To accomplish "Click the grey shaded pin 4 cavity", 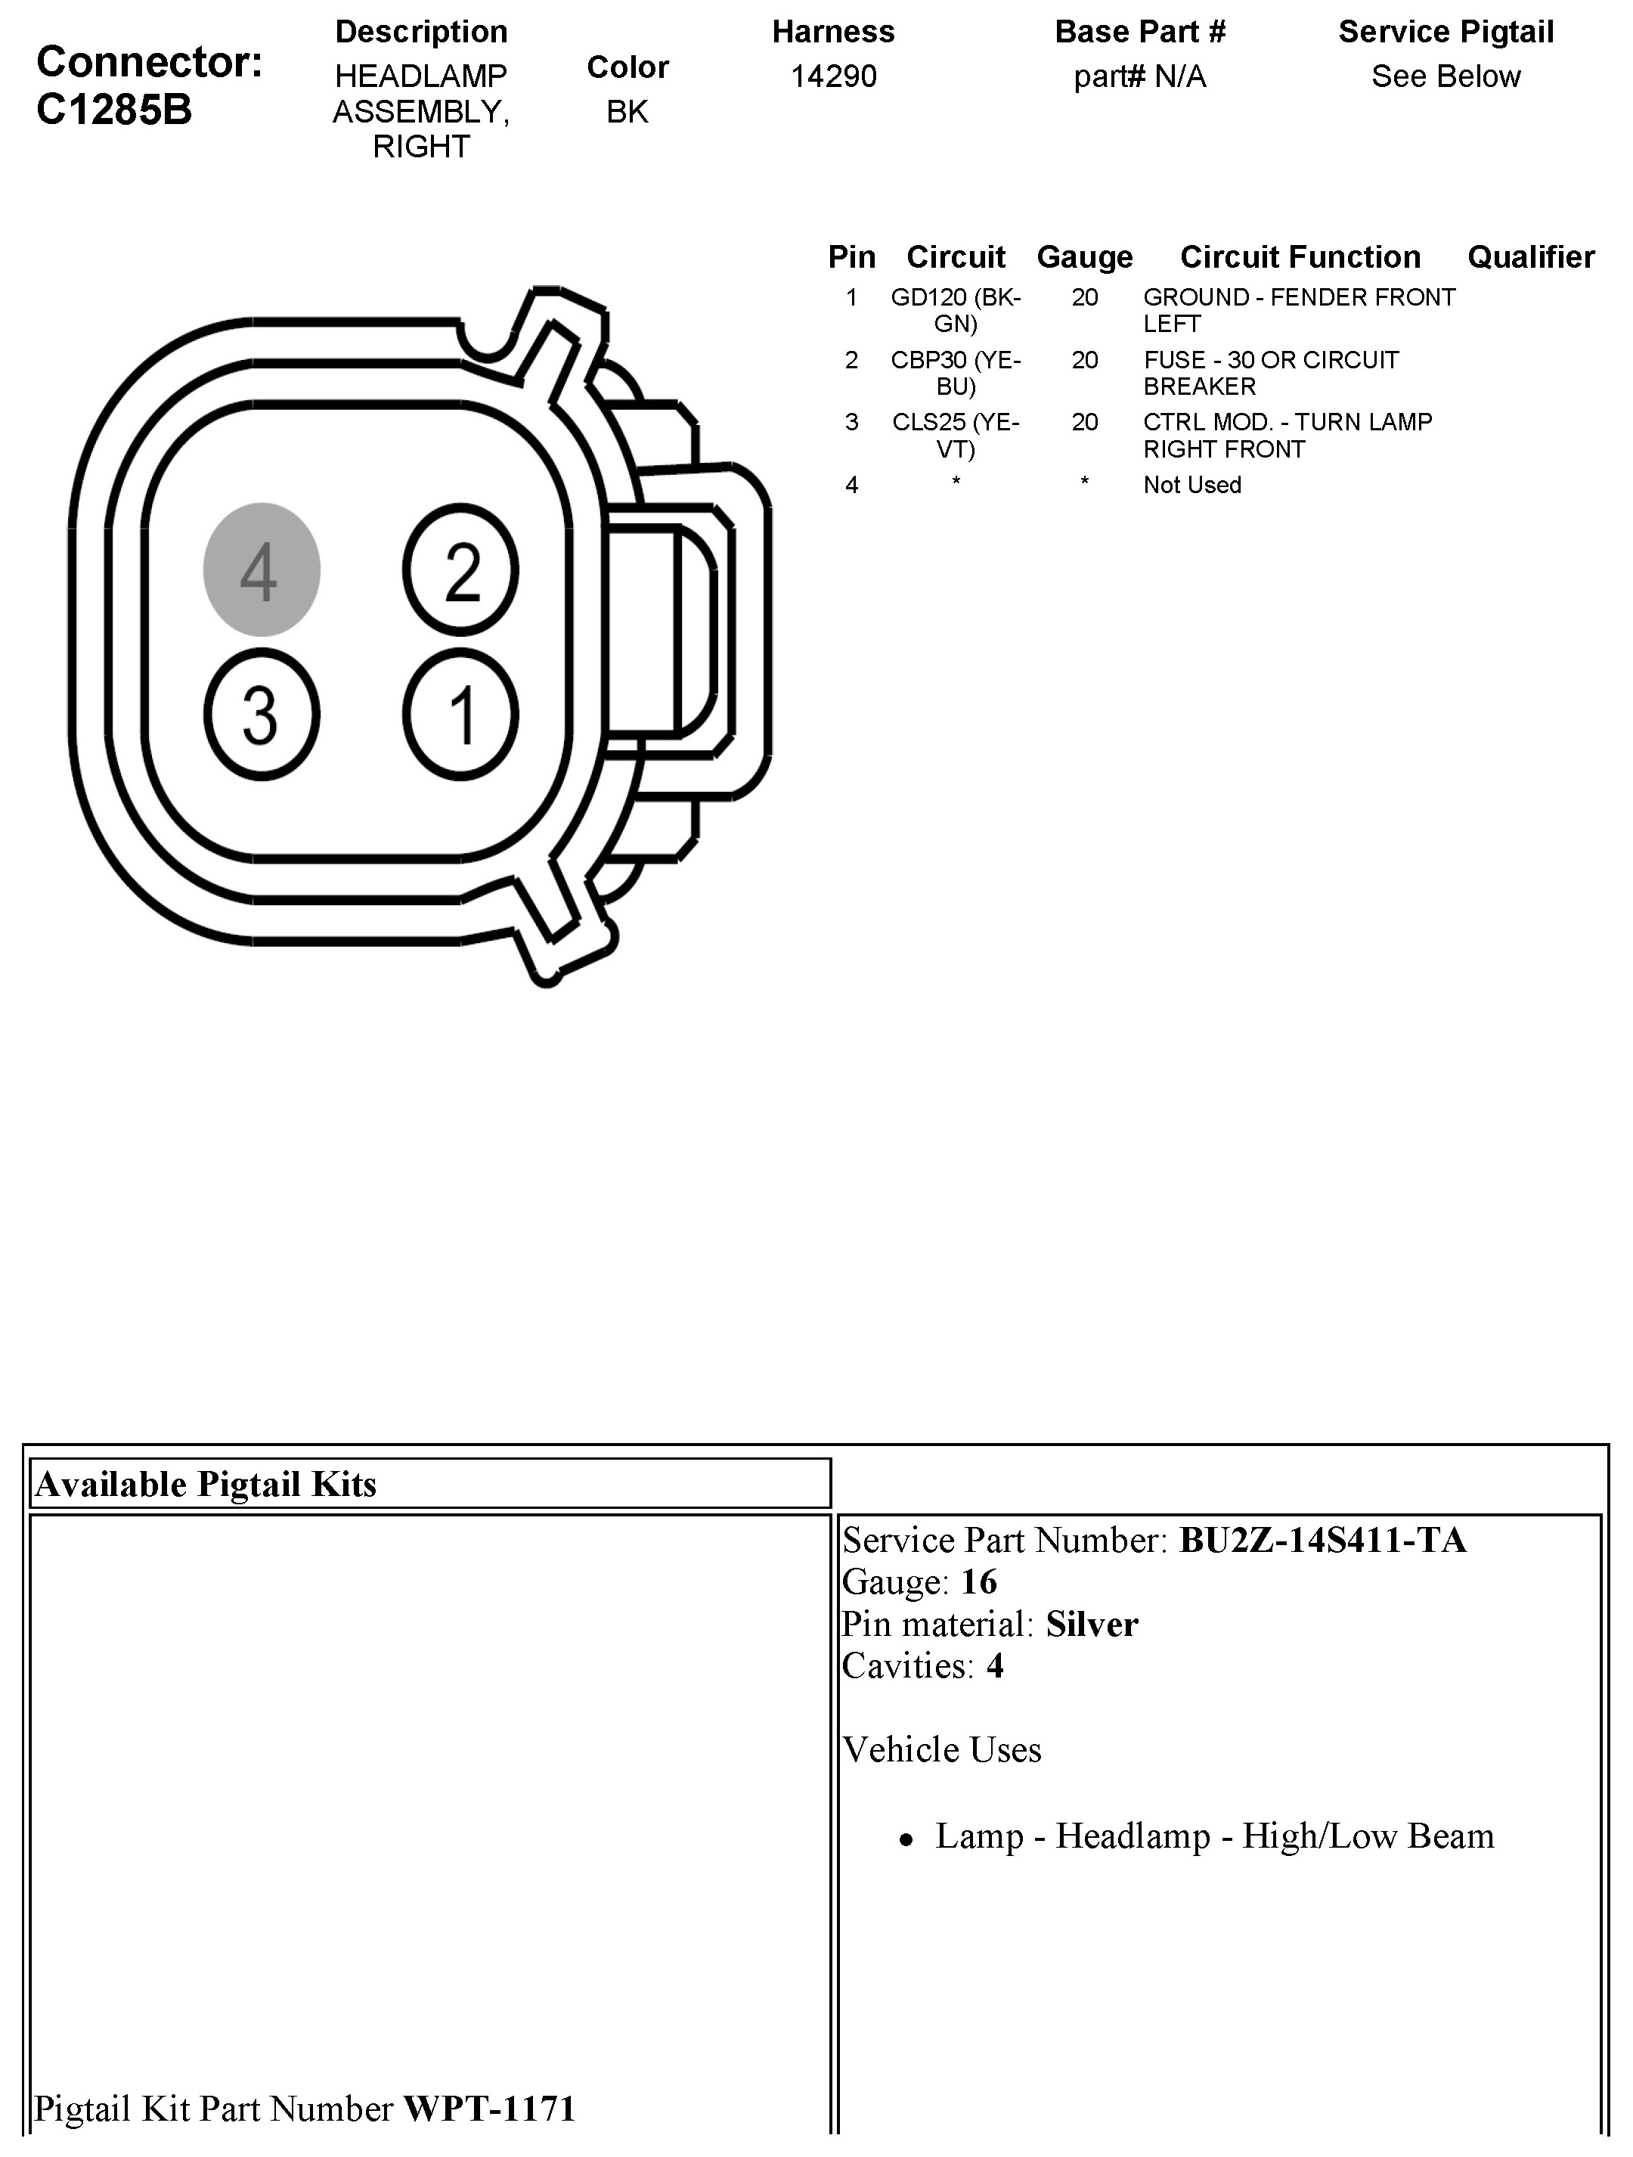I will point(262,570).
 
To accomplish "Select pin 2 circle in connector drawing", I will point(461,570).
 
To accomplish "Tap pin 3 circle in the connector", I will point(262,715).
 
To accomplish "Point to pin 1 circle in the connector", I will point(461,715).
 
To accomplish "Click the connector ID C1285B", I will point(114,110).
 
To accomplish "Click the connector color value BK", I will point(627,112).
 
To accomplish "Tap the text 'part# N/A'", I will point(1139,76).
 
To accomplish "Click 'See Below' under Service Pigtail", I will point(1445,76).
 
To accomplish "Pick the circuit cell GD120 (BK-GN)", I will point(956,310).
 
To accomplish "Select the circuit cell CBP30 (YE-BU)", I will point(956,373).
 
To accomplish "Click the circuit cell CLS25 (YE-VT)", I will point(956,435).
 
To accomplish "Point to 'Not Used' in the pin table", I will point(1191,485).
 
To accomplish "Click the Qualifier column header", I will point(1531,256).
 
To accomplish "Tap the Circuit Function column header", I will point(1300,256).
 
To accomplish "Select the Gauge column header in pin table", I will point(1084,256).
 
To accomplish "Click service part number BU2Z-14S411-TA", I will point(1322,1540).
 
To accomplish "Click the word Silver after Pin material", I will point(1092,1624).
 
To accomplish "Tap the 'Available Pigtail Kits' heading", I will point(206,1484).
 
